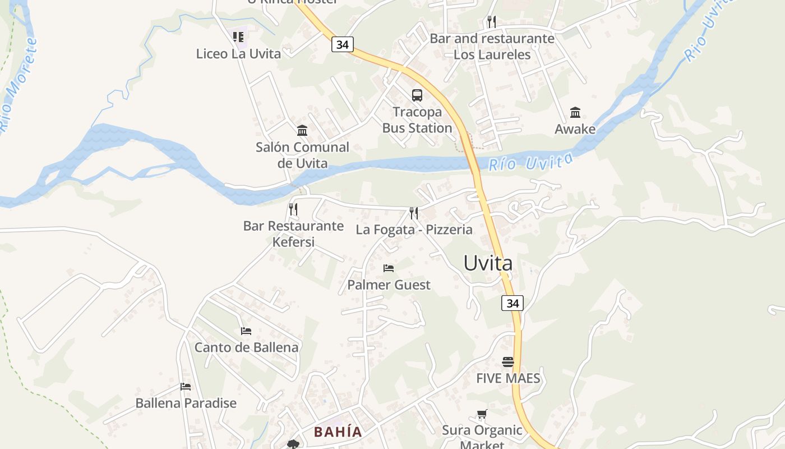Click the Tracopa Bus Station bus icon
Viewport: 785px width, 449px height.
[x=417, y=95]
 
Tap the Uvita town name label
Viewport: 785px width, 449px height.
[x=488, y=263]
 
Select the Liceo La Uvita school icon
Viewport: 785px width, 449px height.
[x=238, y=37]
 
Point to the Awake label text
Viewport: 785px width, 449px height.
[x=575, y=129]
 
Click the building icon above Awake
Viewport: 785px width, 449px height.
[x=575, y=112]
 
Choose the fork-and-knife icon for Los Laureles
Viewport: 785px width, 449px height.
[x=491, y=22]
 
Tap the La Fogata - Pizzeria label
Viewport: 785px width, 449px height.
[x=414, y=230]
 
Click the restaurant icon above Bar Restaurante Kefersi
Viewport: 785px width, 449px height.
[x=293, y=209]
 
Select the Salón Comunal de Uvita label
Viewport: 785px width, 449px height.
[x=302, y=155]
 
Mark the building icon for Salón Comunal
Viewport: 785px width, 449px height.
[x=302, y=130]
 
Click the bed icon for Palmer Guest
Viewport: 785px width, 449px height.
[x=389, y=268]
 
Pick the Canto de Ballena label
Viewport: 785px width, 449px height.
[x=246, y=347]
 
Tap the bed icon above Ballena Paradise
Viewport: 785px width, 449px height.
[x=186, y=386]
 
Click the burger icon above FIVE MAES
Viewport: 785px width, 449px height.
[x=508, y=361]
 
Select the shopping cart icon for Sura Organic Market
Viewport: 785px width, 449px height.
[x=482, y=414]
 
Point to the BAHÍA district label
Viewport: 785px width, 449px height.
[x=338, y=432]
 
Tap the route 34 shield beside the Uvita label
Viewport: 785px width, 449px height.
[x=512, y=303]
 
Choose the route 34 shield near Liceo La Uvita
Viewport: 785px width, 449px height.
[x=342, y=44]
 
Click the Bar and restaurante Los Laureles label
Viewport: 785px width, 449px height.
[x=492, y=47]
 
